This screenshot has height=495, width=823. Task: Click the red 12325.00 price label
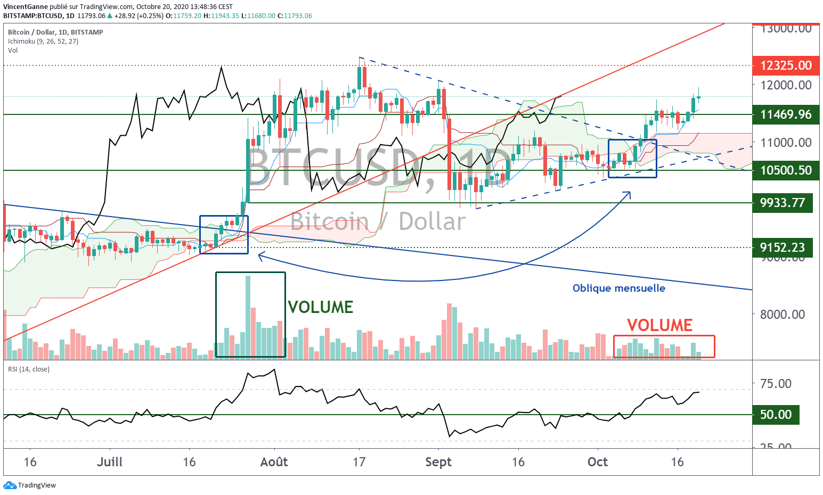[785, 65]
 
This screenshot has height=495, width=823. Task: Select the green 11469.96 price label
[785, 114]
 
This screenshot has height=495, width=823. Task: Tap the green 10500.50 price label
[785, 170]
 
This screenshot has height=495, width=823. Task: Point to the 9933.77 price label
[782, 203]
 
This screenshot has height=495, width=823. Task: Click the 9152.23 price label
[782, 247]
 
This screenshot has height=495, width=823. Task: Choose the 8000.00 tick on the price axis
[782, 314]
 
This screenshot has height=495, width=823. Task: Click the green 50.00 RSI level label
[776, 415]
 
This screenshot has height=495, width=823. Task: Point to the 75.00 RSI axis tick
[776, 383]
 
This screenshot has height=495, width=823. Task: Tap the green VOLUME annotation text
[320, 307]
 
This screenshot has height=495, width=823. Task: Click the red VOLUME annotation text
[659, 325]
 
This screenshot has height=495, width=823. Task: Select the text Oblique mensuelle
[618, 288]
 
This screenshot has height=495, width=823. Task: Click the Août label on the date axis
[274, 462]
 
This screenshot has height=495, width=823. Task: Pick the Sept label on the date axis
[438, 462]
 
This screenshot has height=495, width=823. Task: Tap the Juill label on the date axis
[109, 462]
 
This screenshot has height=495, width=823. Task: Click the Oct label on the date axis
[597, 462]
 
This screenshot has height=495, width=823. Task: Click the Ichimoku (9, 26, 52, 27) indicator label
[43, 41]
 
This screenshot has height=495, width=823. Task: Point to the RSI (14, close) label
[29, 369]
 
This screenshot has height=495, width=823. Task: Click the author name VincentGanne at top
[25, 7]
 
